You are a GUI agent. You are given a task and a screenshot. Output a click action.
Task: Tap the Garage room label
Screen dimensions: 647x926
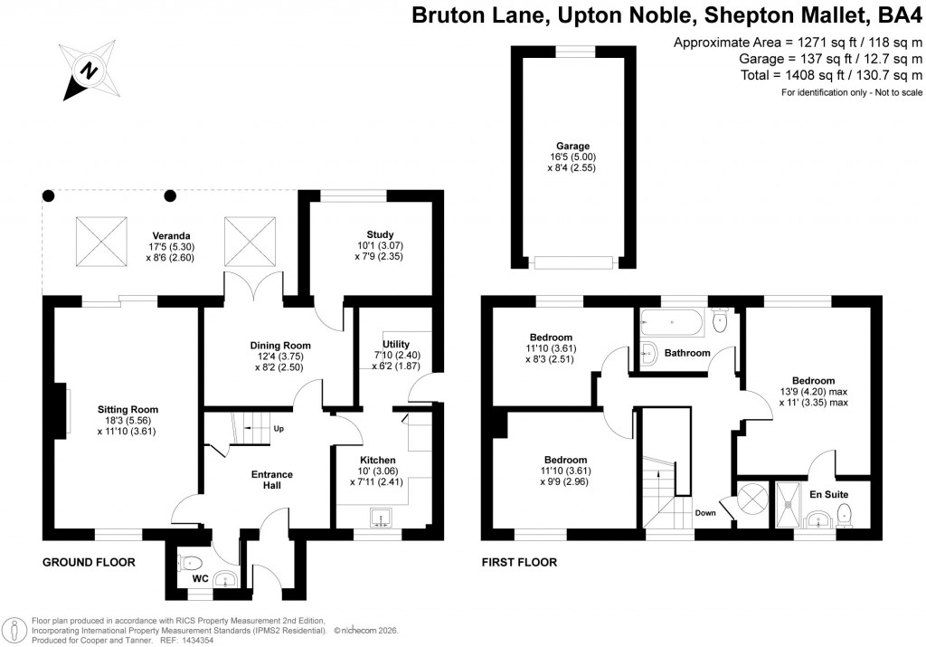click(x=573, y=146)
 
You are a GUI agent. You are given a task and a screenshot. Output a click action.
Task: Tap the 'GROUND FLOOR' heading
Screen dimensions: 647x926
click(x=90, y=563)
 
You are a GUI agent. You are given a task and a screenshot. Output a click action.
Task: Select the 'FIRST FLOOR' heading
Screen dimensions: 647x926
click(x=519, y=563)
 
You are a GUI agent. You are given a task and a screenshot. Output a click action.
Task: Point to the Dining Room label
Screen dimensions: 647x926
click(x=280, y=345)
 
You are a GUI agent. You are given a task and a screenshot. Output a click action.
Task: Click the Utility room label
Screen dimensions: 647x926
click(x=396, y=344)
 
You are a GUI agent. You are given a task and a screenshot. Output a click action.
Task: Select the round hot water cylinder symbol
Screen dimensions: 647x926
click(x=752, y=500)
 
